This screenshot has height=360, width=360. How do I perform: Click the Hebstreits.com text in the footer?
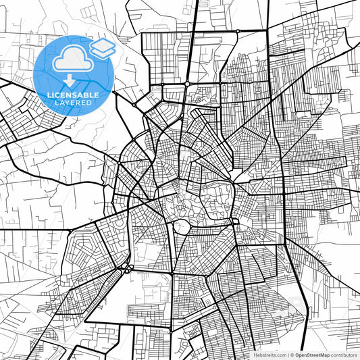(x=269, y=355)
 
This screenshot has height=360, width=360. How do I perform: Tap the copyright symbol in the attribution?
(x=291, y=355)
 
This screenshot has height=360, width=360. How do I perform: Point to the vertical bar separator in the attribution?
(x=286, y=355)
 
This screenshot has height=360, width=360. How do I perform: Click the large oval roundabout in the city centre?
(x=182, y=227)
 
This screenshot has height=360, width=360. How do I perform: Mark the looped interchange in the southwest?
(x=126, y=268)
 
